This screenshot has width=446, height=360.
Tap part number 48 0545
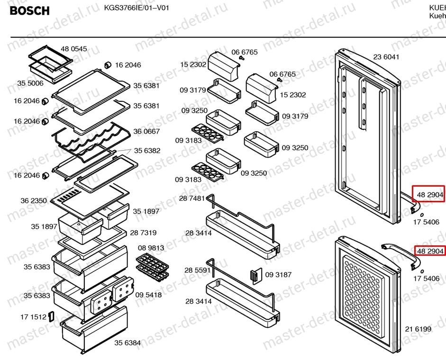(x=74, y=49)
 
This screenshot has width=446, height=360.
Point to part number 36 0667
(x=146, y=132)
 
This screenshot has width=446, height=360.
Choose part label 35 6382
(x=146, y=151)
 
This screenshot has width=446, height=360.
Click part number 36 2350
(x=33, y=201)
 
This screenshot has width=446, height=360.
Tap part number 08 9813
(x=151, y=248)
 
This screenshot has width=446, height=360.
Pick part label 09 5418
(x=148, y=295)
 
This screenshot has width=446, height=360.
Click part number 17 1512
(x=33, y=316)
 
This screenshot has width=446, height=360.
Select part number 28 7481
(x=192, y=198)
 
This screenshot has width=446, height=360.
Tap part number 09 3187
(x=278, y=275)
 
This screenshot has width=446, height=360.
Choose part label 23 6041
(x=386, y=57)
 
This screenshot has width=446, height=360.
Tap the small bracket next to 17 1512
(x=51, y=316)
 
